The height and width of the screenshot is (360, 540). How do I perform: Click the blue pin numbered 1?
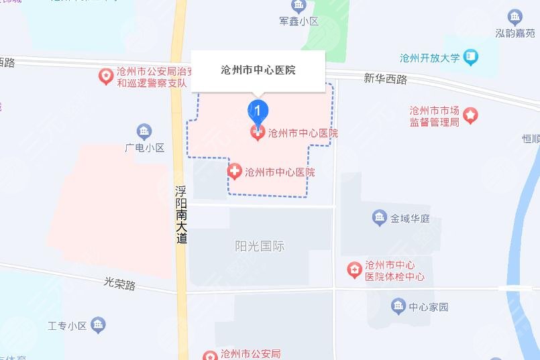[258, 110]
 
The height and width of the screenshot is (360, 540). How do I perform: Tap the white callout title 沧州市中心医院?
[258, 70]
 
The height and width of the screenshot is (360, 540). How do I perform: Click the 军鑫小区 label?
[299, 21]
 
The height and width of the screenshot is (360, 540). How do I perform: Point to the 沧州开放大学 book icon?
[471, 58]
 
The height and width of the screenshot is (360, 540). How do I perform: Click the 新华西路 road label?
[386, 78]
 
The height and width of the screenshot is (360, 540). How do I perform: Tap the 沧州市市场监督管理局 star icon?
[471, 115]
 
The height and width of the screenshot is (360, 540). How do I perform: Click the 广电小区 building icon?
[144, 131]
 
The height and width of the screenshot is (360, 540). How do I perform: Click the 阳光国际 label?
[260, 246]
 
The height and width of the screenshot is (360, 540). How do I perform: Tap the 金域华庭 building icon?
[380, 217]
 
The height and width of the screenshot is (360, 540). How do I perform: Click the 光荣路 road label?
[120, 284]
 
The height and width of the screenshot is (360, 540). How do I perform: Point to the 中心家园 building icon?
[398, 307]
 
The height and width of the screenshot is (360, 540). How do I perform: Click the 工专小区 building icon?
[98, 326]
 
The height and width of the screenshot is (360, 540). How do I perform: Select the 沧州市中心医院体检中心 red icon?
[354, 270]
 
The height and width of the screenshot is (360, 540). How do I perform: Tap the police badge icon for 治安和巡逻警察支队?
[106, 77]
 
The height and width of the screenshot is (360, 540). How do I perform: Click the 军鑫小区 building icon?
[299, 6]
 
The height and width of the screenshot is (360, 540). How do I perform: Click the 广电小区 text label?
[144, 148]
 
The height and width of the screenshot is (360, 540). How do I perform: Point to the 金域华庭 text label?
[414, 218]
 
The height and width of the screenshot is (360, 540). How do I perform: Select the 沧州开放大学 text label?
[429, 58]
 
